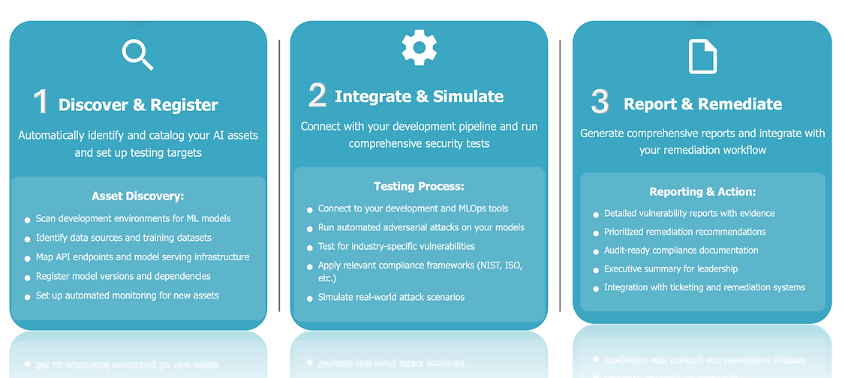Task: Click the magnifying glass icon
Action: click(x=137, y=54)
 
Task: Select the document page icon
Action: click(x=702, y=56)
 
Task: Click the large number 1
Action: click(x=40, y=103)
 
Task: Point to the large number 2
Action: click(x=317, y=94)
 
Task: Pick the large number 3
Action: click(x=600, y=103)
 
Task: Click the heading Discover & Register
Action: click(x=138, y=105)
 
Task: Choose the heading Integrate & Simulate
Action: click(x=419, y=96)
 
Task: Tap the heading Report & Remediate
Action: click(x=702, y=103)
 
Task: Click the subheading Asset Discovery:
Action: click(x=137, y=196)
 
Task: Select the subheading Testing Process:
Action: click(x=419, y=186)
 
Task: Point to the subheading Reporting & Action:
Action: click(x=702, y=192)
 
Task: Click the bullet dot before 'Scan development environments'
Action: click(x=26, y=220)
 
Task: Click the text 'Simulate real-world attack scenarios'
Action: click(x=391, y=297)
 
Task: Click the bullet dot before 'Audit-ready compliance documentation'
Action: click(x=596, y=251)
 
